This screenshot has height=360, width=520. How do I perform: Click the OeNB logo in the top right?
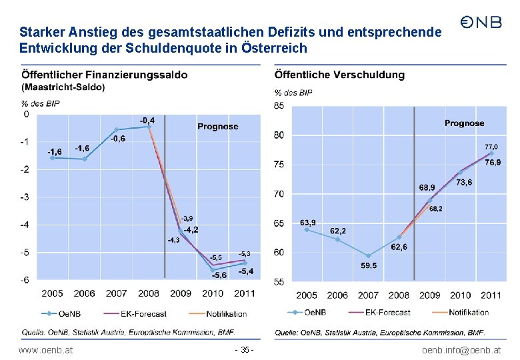click(x=481, y=23)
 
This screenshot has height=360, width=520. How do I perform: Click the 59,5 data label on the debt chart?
click(x=369, y=265)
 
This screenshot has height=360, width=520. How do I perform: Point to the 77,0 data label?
click(x=490, y=146)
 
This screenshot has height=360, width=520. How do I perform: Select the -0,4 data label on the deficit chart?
click(x=147, y=120)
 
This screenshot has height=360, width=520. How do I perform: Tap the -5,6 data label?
click(x=219, y=275)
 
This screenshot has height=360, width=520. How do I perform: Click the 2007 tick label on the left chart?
click(x=116, y=293)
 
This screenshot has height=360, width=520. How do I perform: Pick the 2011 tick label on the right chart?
click(x=491, y=295)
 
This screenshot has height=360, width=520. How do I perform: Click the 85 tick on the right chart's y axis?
click(x=279, y=105)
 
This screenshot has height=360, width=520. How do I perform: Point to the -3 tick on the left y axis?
click(x=25, y=197)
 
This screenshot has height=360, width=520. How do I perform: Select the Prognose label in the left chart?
click(x=217, y=127)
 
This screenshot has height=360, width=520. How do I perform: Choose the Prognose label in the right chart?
click(x=464, y=123)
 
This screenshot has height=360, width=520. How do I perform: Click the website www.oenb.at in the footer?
click(x=46, y=350)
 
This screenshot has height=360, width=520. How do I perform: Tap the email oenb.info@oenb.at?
click(x=461, y=350)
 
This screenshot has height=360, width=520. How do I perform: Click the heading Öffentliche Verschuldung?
click(x=339, y=75)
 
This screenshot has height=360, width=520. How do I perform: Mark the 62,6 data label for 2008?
click(x=399, y=247)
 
